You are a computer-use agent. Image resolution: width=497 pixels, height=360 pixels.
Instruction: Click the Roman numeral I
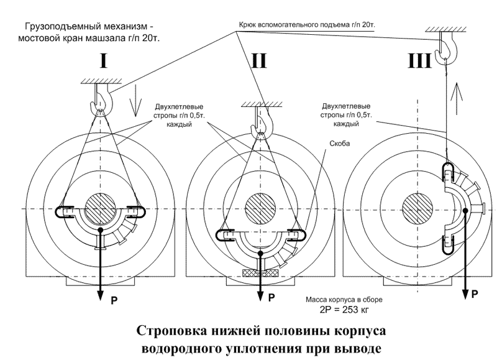tap(103, 61)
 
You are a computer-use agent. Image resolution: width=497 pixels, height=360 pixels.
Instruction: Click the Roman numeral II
tap(259, 61)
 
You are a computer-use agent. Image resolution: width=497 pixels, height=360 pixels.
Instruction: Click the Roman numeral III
tap(419, 61)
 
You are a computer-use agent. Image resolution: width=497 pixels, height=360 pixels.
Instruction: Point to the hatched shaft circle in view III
tap(417, 208)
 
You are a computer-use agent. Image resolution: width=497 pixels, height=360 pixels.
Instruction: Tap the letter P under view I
tap(114, 300)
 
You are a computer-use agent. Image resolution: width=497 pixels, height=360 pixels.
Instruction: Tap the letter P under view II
tap(271, 298)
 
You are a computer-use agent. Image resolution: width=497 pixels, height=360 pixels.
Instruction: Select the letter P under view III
tap(475, 294)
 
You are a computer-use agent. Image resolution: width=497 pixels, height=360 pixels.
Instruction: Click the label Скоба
tap(340, 144)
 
